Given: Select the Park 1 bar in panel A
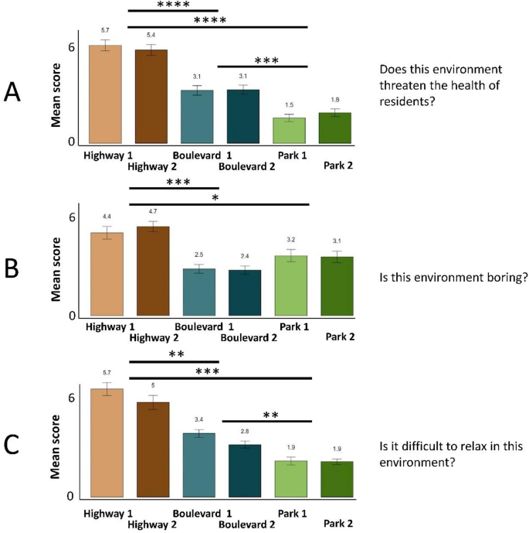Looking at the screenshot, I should point(290,131).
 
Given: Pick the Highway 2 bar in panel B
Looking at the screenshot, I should point(151,272).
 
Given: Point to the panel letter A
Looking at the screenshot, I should point(12,93).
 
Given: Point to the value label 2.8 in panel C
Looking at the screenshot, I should point(244,431).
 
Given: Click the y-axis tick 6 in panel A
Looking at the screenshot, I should point(71,47).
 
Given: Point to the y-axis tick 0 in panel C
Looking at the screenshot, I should point(71,497).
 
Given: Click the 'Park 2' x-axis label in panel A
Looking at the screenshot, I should point(340,165).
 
